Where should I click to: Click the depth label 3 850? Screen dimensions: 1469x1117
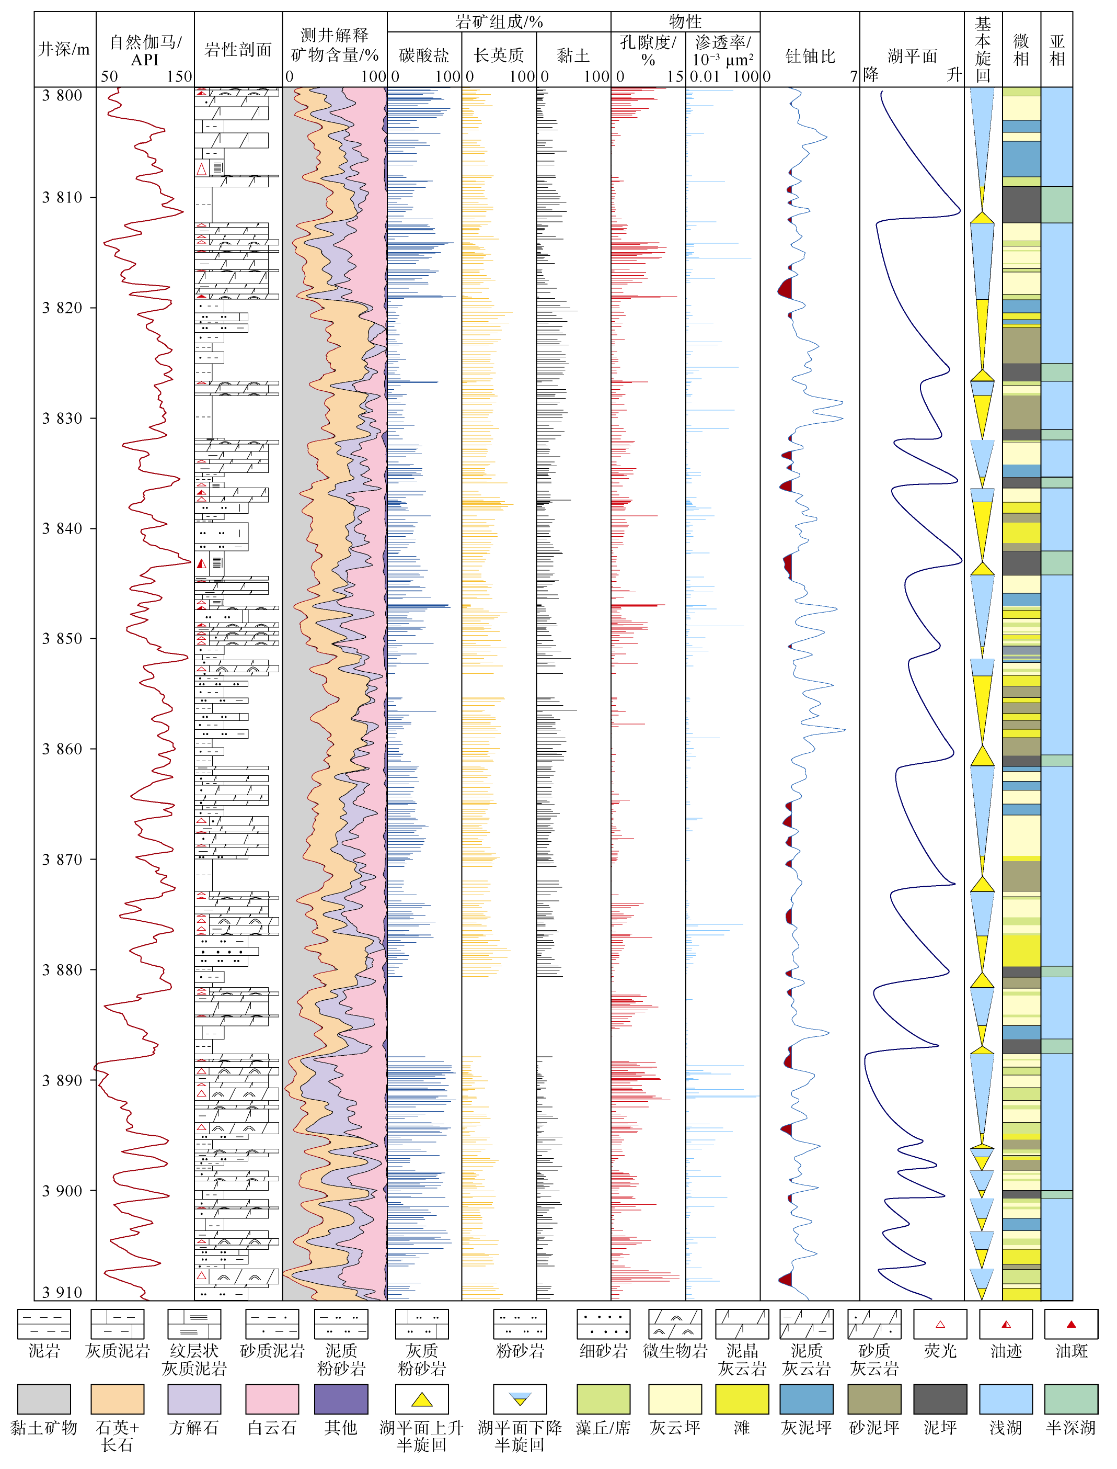(63, 639)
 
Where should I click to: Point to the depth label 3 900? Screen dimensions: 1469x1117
(63, 1191)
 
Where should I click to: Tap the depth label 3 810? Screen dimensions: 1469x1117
(63, 198)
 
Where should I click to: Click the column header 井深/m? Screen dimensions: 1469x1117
(64, 49)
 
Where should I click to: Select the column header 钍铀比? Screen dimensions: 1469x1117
(810, 56)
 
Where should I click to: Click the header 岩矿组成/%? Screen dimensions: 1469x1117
(499, 22)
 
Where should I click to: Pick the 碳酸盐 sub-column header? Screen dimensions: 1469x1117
(424, 56)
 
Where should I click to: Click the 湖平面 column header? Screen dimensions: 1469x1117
(912, 56)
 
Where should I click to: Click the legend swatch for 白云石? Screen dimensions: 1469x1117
(272, 1399)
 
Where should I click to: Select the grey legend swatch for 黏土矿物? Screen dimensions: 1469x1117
(44, 1399)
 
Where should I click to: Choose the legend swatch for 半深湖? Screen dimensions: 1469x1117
(1071, 1399)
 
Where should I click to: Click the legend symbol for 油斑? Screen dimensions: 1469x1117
(1071, 1324)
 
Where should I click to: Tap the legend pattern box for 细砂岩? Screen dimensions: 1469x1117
(604, 1324)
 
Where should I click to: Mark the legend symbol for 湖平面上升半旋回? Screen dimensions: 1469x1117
(421, 1399)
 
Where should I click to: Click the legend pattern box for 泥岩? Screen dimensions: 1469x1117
(44, 1324)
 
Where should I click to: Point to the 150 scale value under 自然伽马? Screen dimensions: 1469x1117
(179, 76)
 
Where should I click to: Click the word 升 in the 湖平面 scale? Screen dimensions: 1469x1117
(954, 74)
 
